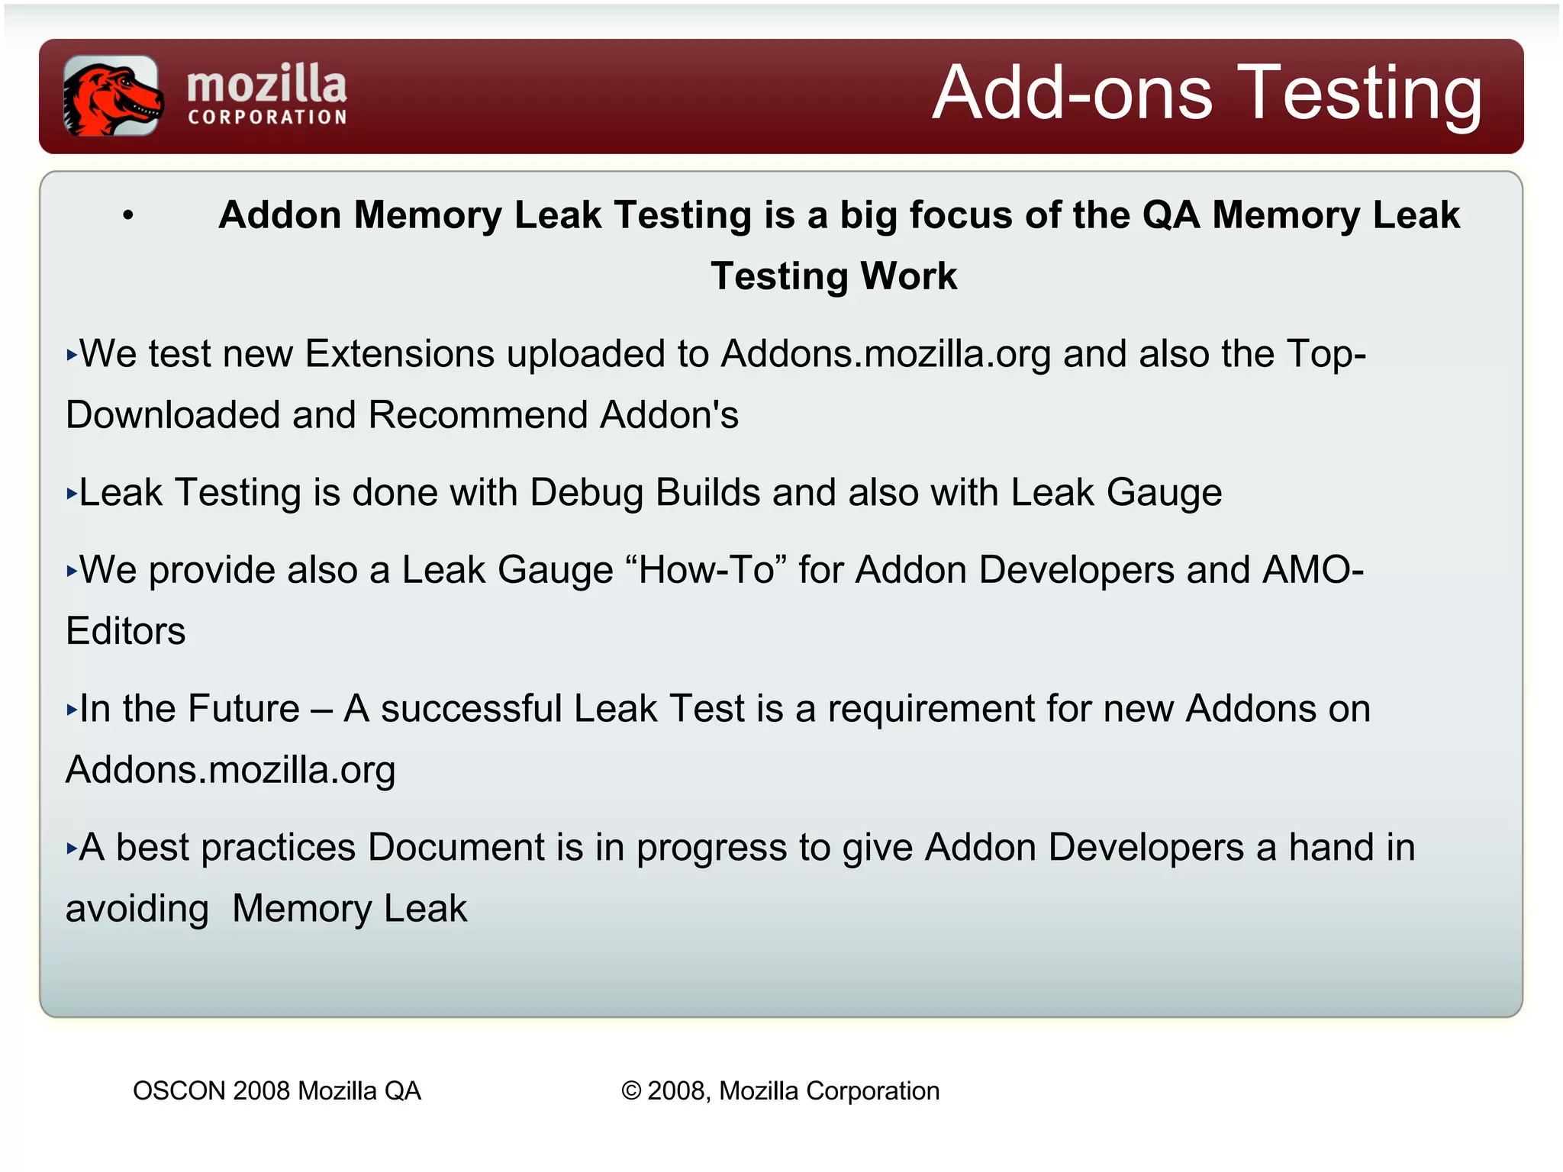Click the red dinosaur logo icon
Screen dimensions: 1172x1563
tap(111, 96)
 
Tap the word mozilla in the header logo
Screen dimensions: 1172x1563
tap(266, 84)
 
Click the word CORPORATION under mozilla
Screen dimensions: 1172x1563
tap(268, 118)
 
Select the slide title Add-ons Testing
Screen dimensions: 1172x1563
tap(1207, 93)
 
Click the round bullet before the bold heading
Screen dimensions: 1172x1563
tap(128, 216)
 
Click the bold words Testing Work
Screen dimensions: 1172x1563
tap(833, 276)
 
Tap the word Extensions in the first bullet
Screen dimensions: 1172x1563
tap(399, 354)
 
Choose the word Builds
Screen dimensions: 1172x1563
tap(707, 493)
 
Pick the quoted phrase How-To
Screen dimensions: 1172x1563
tap(706, 570)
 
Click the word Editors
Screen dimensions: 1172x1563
tap(126, 632)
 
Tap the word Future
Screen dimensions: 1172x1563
tap(244, 709)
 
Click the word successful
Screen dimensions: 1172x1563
tap(471, 709)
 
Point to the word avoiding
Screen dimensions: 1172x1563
tap(137, 910)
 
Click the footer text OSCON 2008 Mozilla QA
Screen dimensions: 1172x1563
tap(277, 1091)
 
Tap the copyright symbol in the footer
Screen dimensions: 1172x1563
tap(631, 1091)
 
